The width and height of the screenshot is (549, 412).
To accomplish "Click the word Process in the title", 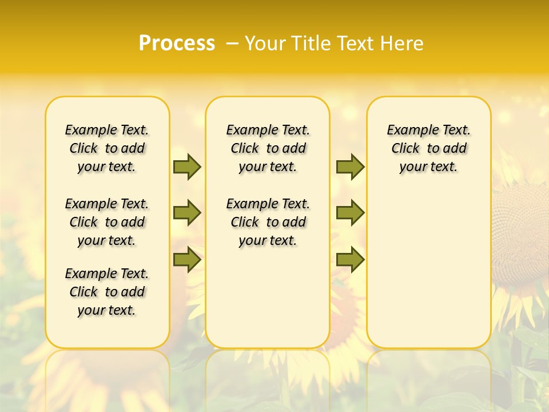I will click(x=177, y=43).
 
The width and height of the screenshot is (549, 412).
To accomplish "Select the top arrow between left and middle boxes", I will click(x=187, y=167).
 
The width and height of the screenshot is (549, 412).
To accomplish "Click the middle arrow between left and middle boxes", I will click(x=187, y=213).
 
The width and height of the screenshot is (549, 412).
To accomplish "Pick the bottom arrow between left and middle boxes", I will click(x=187, y=260).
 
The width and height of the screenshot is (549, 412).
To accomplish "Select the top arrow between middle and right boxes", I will click(x=350, y=167).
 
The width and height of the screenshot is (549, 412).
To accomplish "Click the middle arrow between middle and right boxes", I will click(x=350, y=213).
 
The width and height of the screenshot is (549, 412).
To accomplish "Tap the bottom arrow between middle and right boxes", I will click(x=350, y=260).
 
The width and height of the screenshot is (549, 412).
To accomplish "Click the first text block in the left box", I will click(x=107, y=148).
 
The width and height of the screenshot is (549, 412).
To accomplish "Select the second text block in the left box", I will click(x=107, y=222).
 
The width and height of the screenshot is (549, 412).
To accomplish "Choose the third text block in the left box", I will click(x=107, y=292).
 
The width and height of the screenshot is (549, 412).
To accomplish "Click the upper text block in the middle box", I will click(x=268, y=148).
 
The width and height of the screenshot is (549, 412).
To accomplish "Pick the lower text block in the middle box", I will click(x=268, y=222).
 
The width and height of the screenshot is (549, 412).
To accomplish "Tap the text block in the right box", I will click(x=429, y=148).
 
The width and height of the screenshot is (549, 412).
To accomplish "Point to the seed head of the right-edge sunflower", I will click(x=523, y=229).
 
